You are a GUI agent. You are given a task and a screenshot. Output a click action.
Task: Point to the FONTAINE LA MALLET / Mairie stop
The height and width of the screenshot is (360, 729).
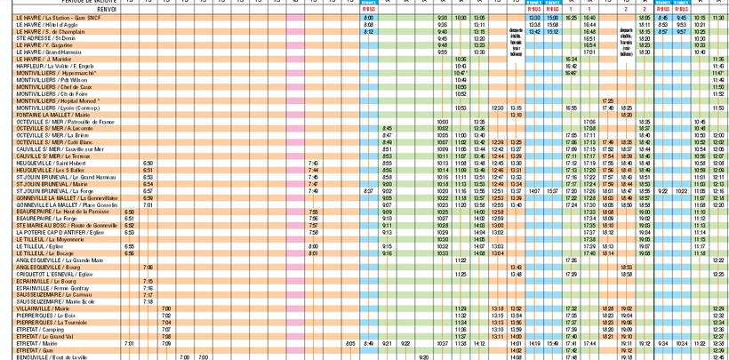[x=53, y=115]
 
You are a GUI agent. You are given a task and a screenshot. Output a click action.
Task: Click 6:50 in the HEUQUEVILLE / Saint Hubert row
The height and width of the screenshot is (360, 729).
[x=148, y=164]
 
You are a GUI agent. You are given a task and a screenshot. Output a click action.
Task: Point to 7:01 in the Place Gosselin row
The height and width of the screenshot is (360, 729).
[x=148, y=204]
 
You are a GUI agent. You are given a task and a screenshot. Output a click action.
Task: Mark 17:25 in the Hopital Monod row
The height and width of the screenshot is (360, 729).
[x=608, y=101]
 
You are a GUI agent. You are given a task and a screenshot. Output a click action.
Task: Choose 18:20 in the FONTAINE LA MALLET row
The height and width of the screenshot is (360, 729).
[x=626, y=115]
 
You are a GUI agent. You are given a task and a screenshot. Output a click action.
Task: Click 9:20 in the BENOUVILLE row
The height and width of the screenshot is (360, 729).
[x=423, y=357]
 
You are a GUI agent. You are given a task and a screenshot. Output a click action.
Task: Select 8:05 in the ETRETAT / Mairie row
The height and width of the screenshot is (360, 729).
[x=350, y=343]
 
